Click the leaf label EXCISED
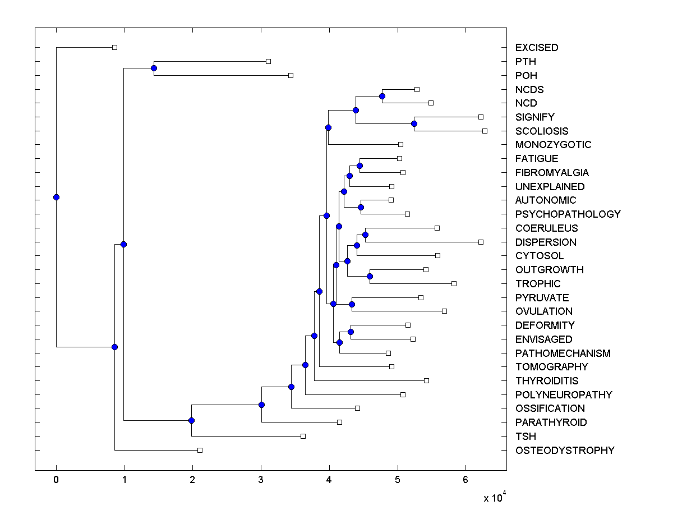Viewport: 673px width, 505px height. [x=537, y=48]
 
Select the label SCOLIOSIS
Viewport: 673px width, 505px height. [x=542, y=131]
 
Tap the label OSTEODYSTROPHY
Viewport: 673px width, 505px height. [x=565, y=451]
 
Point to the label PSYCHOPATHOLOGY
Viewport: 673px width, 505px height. [x=568, y=214]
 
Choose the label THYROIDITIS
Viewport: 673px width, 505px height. [x=547, y=381]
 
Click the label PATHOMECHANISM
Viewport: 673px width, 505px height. [x=563, y=353]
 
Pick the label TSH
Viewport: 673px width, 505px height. [x=526, y=437]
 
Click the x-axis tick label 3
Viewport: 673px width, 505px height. [x=261, y=480]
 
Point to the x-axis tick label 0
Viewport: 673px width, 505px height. [x=56, y=480]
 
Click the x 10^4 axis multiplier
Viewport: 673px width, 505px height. [x=495, y=498]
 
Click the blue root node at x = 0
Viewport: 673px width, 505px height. [x=56, y=197]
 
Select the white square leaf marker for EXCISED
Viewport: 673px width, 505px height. [x=114, y=47]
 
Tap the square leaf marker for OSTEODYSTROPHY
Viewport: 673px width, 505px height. [x=200, y=450]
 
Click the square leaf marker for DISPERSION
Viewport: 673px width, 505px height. [x=481, y=242]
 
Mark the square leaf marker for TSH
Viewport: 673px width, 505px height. [x=303, y=436]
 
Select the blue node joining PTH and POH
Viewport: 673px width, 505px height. [x=154, y=68]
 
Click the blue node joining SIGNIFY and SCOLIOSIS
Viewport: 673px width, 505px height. [x=414, y=123]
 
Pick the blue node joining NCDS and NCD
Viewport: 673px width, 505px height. [x=382, y=96]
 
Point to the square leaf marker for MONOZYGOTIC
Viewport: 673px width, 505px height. [x=400, y=144]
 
